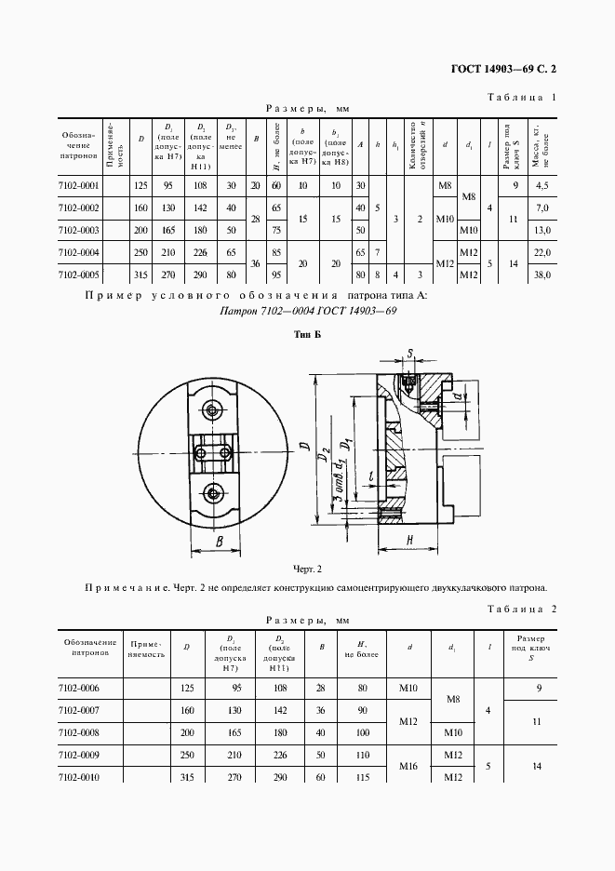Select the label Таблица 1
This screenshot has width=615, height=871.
click(521, 97)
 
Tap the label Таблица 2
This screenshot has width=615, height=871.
click(521, 609)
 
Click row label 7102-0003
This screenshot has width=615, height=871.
click(78, 230)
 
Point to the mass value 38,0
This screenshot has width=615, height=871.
click(542, 275)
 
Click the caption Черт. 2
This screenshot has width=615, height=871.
click(306, 568)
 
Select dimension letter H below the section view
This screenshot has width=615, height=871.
click(410, 541)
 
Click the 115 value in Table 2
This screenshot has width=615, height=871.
click(352, 776)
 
